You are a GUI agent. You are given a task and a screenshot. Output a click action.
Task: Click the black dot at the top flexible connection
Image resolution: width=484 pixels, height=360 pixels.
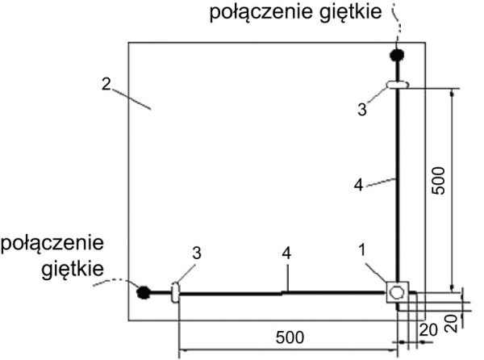[x=397, y=55]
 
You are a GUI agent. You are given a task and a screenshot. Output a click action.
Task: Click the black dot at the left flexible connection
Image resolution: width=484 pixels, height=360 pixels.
[x=144, y=292]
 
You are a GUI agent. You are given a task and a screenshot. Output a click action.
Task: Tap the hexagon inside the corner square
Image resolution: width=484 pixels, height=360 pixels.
[x=397, y=292]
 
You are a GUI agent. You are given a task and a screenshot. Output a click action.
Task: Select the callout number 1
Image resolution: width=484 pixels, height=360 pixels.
[x=361, y=249]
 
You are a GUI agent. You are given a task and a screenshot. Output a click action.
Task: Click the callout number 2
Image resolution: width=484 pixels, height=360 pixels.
[x=106, y=84]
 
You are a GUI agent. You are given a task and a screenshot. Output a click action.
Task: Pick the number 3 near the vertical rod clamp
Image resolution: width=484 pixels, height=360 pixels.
[x=362, y=109]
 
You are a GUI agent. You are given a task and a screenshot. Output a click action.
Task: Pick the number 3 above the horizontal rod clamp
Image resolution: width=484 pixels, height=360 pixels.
[x=197, y=253]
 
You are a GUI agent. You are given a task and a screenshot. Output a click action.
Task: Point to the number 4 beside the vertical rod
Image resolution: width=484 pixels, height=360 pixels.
[x=358, y=185]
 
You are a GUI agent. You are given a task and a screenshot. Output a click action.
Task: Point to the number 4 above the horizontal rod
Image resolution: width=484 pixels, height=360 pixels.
[x=286, y=253]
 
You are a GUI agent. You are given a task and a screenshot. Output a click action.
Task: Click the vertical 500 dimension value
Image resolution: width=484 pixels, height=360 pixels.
[x=439, y=181]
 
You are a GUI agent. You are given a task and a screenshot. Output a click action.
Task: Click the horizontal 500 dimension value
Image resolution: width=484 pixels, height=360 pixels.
[x=290, y=337]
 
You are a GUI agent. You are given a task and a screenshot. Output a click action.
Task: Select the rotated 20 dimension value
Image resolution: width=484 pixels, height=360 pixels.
[x=452, y=323]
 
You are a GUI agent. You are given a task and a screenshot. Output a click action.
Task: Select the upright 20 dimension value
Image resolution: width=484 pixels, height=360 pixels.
[x=428, y=330]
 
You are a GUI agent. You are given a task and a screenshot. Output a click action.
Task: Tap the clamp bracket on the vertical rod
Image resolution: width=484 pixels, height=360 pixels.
[x=398, y=84]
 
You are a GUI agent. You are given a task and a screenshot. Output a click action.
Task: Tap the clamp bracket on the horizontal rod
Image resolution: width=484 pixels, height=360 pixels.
[x=175, y=292]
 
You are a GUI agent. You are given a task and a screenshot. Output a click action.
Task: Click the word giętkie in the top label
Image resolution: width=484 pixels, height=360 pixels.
[x=351, y=12]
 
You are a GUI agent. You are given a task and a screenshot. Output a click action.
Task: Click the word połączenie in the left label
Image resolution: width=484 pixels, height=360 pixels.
[x=52, y=243]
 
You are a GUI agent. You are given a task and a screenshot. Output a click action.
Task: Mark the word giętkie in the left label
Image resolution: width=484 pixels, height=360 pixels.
[x=73, y=270]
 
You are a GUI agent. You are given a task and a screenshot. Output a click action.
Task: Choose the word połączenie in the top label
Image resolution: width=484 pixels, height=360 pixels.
[x=261, y=12]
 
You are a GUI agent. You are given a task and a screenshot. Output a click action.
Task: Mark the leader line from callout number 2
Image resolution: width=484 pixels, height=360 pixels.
[x=131, y=98]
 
